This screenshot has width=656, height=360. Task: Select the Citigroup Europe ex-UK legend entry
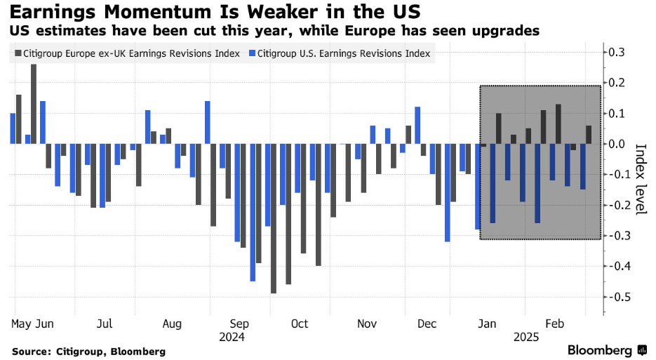click(x=126, y=53)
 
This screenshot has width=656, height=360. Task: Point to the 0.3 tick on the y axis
click(x=617, y=52)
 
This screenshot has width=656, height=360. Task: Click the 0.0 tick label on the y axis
click(x=617, y=144)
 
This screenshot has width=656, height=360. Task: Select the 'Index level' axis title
click(x=640, y=180)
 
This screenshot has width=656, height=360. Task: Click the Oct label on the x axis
click(x=300, y=324)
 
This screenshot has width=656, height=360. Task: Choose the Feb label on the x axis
click(x=555, y=324)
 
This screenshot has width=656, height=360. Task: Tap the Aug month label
click(x=172, y=324)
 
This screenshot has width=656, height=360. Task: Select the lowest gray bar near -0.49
click(x=274, y=218)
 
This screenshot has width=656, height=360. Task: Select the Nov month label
click(x=367, y=324)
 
